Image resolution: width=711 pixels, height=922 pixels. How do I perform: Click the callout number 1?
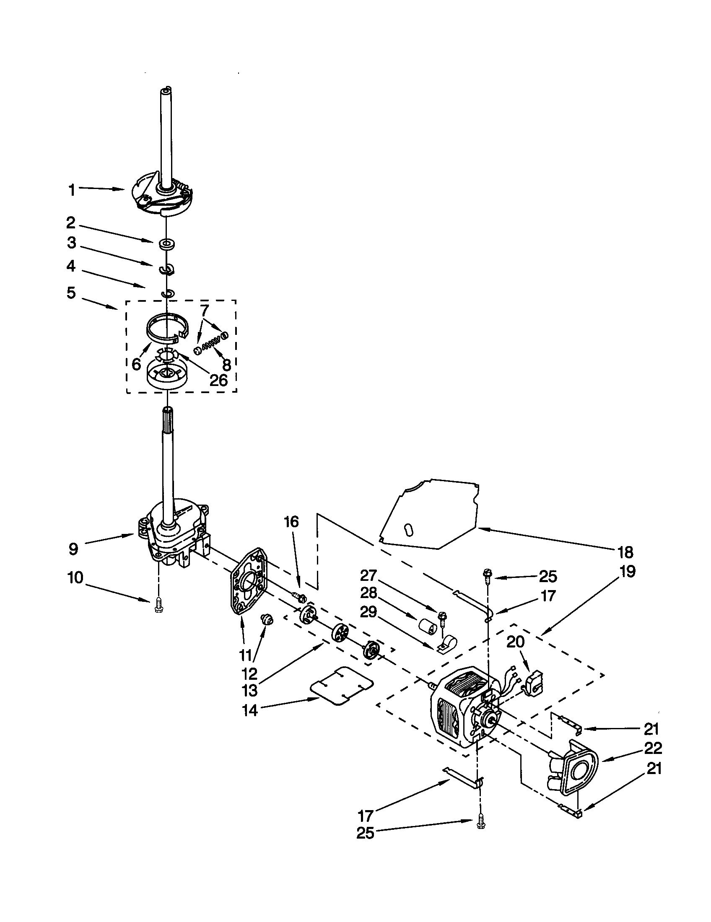coord(72,190)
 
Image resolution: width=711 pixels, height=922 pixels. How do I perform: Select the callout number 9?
coord(73,549)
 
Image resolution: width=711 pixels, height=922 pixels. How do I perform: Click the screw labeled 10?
coord(159,605)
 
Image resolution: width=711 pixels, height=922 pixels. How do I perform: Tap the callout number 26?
coord(218,380)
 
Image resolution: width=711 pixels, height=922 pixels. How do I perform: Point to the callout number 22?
coord(653,748)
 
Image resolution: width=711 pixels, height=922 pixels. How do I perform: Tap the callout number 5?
coord(71,293)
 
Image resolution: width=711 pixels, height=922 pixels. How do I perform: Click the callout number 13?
coord(249,691)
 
